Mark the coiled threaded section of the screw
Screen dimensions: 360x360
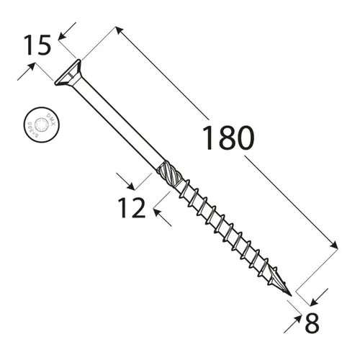coord(223,230)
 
